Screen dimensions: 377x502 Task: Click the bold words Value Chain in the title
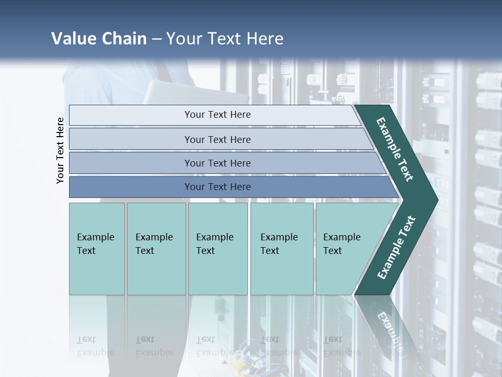pyautogui.click(x=99, y=39)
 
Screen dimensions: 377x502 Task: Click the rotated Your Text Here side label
pyautogui.click(x=60, y=150)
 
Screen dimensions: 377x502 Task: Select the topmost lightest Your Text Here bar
pyautogui.click(x=217, y=115)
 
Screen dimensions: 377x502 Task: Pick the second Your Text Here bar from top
pyautogui.click(x=217, y=139)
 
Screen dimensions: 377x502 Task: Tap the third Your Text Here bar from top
pyautogui.click(x=217, y=163)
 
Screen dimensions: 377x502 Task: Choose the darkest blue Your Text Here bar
pyautogui.click(x=217, y=187)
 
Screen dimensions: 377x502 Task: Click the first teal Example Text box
pyautogui.click(x=97, y=249)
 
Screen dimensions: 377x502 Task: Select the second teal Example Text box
pyautogui.click(x=156, y=249)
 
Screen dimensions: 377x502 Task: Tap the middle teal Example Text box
pyautogui.click(x=218, y=249)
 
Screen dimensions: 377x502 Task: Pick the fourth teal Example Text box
pyautogui.click(x=282, y=249)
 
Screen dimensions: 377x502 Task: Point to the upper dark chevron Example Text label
pyautogui.click(x=395, y=150)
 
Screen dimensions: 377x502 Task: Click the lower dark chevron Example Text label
pyautogui.click(x=396, y=248)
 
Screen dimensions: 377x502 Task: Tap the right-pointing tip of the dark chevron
pyautogui.click(x=436, y=199)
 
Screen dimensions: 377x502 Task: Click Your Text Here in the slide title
pyautogui.click(x=225, y=39)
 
